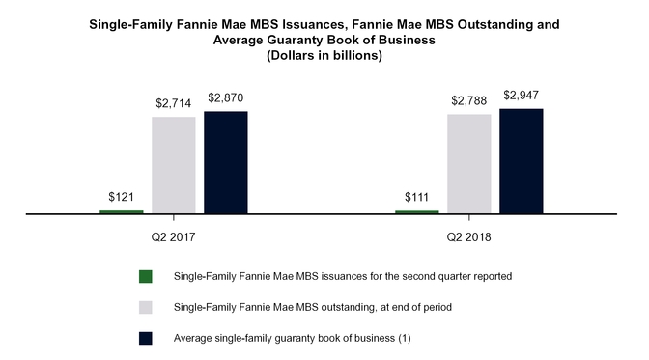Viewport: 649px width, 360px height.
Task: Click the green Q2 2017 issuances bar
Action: [x=121, y=211]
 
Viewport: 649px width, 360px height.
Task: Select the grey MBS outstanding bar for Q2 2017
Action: [x=174, y=165]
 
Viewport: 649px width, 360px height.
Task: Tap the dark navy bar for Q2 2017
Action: [x=226, y=162]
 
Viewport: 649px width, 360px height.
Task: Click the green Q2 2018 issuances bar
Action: [x=417, y=211]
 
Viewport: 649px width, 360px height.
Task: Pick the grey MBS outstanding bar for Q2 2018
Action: [x=469, y=164]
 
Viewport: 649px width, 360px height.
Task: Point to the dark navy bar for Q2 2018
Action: [x=522, y=161]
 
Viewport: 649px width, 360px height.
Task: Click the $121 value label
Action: [x=121, y=197]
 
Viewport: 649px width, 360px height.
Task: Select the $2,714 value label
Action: [x=174, y=102]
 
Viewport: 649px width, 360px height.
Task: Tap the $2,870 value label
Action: [x=226, y=97]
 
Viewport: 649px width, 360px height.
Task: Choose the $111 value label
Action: [x=417, y=197]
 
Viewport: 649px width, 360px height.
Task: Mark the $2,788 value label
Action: [x=469, y=99]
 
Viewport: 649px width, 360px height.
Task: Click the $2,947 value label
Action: [x=522, y=95]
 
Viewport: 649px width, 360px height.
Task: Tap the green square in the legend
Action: [x=146, y=276]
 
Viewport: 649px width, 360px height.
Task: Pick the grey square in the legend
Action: [x=146, y=307]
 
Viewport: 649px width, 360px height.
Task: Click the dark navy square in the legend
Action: [x=146, y=338]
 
